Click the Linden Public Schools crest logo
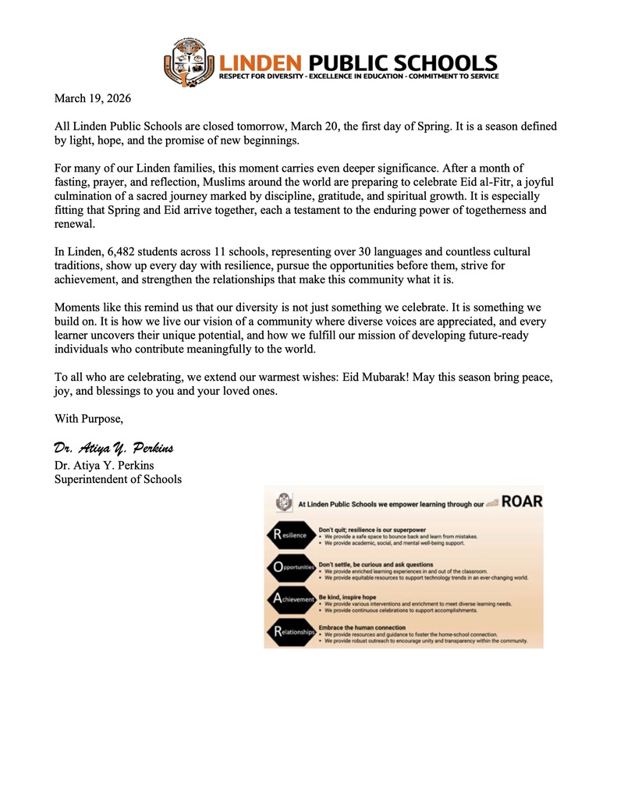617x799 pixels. [188, 62]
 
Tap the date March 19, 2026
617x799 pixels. [92, 99]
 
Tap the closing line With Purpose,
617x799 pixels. [88, 419]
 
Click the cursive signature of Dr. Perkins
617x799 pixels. [113, 448]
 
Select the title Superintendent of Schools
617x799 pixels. [118, 479]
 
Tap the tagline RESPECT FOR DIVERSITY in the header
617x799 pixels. [264, 76]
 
